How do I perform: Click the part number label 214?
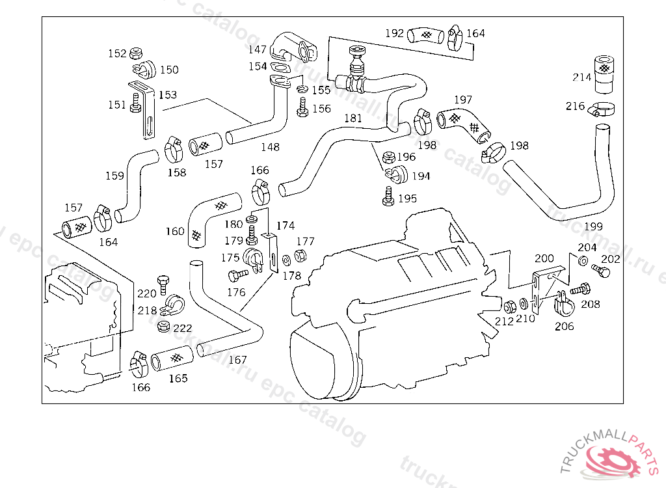(582, 77)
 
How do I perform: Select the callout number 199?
(593, 226)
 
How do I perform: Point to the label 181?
(353, 118)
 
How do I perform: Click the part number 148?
(270, 147)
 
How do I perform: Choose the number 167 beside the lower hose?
(237, 359)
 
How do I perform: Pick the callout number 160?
(175, 231)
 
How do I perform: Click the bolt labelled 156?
(302, 109)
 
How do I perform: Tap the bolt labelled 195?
(389, 197)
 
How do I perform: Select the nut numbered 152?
(137, 53)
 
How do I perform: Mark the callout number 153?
(167, 95)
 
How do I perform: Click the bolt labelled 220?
(165, 284)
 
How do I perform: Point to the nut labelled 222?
(164, 326)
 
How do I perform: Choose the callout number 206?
(565, 326)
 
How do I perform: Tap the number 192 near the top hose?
(394, 33)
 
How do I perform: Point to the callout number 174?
(285, 226)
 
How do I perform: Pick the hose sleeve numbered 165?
(172, 360)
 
